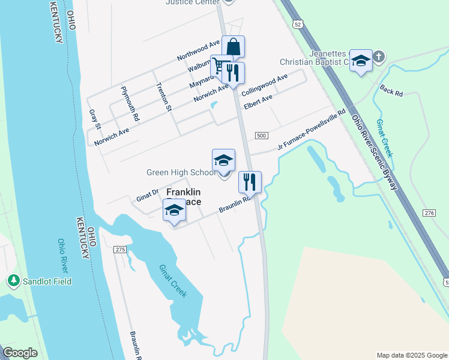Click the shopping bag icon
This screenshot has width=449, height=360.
click(233, 46)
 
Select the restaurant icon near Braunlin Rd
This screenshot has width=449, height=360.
click(249, 181)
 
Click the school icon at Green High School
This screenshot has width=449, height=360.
click(223, 160)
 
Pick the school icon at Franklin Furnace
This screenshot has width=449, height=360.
click(174, 210)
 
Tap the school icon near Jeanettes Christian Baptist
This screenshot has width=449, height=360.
click(361, 61)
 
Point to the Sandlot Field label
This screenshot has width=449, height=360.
click(47, 281)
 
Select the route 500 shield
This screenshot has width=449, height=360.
click(261, 136)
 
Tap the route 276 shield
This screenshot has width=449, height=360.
click(429, 213)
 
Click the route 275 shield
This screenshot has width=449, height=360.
click(120, 249)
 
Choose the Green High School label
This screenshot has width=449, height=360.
click(181, 173)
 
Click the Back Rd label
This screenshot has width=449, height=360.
click(391, 89)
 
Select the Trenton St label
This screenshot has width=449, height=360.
click(164, 97)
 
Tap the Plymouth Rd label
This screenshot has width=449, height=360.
click(130, 104)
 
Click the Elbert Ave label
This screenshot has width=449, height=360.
click(258, 101)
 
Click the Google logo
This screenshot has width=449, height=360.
click(20, 353)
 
